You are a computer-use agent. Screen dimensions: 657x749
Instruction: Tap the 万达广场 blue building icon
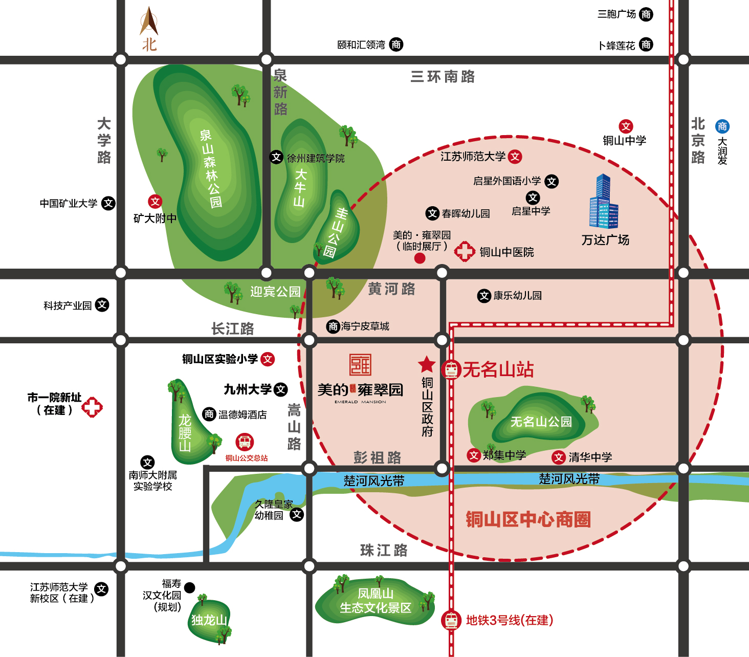[604, 202]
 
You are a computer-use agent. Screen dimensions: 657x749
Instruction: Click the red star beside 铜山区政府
[427, 364]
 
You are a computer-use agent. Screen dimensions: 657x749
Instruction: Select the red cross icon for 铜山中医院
[465, 251]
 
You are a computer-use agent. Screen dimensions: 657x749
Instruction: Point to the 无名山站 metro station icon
[451, 369]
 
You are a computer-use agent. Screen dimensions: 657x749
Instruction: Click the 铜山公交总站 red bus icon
[245, 442]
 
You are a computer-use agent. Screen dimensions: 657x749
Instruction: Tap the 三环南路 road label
[443, 77]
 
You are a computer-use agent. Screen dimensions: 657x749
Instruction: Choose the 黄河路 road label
[391, 289]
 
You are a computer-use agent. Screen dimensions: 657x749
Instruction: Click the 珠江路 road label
[384, 551]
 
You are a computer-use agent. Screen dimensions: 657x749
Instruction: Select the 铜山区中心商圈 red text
[528, 519]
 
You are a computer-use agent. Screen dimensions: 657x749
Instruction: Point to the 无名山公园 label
[541, 422]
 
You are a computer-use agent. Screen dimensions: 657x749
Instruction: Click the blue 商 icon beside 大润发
[722, 126]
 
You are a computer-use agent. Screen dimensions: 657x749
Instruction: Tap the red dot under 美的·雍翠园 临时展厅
[420, 258]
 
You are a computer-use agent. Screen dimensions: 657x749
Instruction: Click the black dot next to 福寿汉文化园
[189, 587]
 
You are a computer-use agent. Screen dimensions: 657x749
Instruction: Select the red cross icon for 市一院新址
[92, 407]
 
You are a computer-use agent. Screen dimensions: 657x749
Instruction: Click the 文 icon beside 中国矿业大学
[108, 203]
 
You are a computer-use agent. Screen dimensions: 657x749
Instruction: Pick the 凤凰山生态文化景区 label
[376, 601]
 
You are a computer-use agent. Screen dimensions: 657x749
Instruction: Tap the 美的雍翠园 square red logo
[360, 365]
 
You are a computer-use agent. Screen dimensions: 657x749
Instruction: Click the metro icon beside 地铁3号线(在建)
[451, 620]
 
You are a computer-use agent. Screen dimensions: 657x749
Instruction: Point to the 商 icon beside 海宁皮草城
[333, 326]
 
